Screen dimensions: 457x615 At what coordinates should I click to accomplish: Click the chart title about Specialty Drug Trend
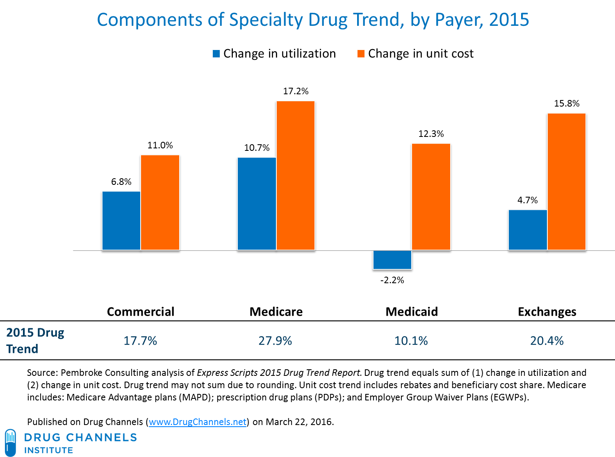tap(313, 20)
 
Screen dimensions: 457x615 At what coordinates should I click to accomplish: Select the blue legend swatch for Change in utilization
tap(216, 54)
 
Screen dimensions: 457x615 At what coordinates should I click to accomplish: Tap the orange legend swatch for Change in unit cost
tap(361, 54)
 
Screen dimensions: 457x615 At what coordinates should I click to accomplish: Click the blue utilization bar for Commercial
tap(121, 221)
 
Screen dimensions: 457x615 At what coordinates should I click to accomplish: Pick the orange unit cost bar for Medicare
tap(296, 175)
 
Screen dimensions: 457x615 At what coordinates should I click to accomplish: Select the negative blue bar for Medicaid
tap(392, 260)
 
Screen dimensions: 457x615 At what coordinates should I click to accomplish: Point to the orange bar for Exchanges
tap(567, 182)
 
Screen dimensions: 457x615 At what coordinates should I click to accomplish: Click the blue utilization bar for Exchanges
tap(528, 230)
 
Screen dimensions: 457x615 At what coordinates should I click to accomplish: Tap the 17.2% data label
tap(296, 91)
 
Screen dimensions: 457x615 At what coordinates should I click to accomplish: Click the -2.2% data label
tap(392, 280)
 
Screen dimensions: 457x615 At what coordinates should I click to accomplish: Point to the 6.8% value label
tap(121, 182)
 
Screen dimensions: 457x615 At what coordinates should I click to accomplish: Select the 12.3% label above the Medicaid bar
tap(431, 134)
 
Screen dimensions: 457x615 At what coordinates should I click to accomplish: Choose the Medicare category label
tap(276, 311)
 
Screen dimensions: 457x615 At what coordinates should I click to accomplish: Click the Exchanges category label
tap(547, 311)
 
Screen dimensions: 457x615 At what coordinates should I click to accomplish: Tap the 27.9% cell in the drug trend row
tap(275, 341)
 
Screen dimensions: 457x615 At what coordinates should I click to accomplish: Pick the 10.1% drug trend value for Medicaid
tap(411, 341)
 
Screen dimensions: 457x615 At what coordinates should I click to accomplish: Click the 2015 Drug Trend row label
tap(35, 341)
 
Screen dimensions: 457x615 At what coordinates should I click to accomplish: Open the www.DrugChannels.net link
tap(198, 422)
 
